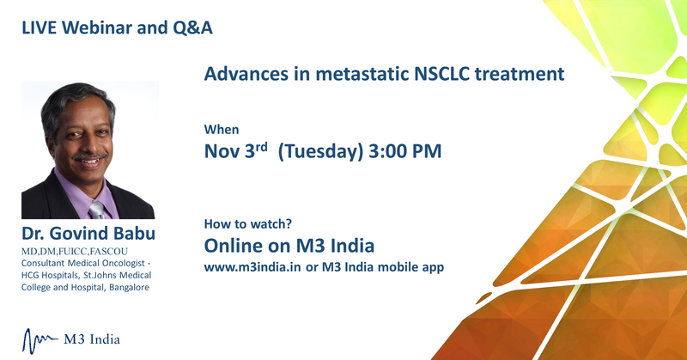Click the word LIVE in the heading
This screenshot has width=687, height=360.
pyautogui.click(x=40, y=27)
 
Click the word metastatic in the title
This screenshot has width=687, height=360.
pyautogui.click(x=362, y=74)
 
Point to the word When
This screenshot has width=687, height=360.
pyautogui.click(x=222, y=130)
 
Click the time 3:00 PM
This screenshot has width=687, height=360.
pyautogui.click(x=405, y=151)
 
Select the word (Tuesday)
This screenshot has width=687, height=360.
pyautogui.click(x=320, y=152)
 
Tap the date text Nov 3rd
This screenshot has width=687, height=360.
pyautogui.click(x=235, y=151)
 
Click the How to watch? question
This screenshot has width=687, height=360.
pyautogui.click(x=248, y=224)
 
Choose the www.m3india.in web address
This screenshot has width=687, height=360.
pyautogui.click(x=252, y=267)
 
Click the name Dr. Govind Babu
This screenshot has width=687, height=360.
pyautogui.click(x=88, y=234)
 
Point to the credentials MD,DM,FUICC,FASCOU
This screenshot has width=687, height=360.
pyautogui.click(x=75, y=252)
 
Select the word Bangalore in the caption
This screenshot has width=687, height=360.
pyautogui.click(x=130, y=288)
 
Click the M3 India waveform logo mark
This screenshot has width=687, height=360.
pyautogui.click(x=40, y=341)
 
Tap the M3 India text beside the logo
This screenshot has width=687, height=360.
pyautogui.click(x=92, y=339)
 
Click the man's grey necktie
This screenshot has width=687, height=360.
pyautogui.click(x=97, y=211)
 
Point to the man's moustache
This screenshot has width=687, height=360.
pyautogui.click(x=90, y=156)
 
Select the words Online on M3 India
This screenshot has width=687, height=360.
pyautogui.click(x=289, y=246)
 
